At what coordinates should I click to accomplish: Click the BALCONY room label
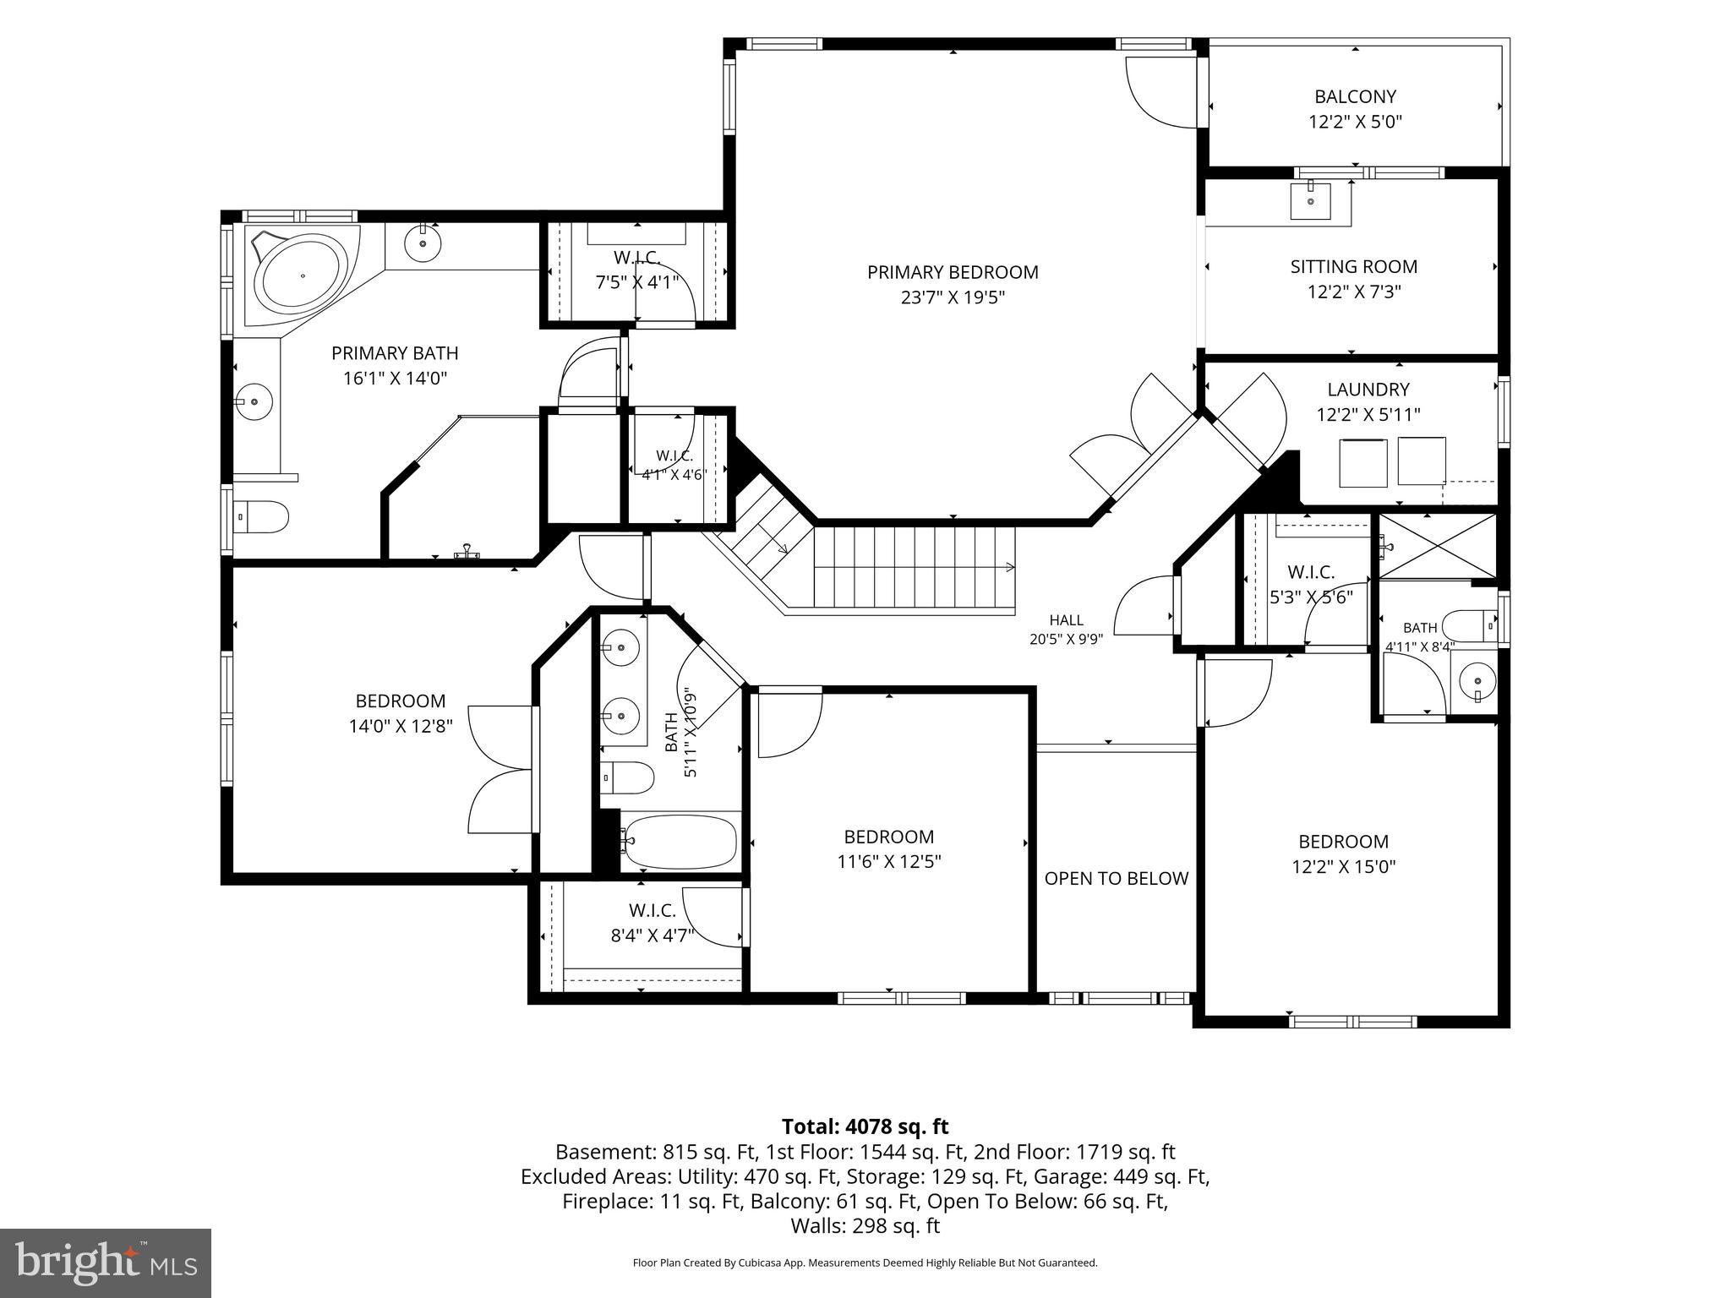[1355, 96]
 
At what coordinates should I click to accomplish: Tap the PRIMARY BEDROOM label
[953, 272]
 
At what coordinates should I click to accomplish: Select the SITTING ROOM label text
[1353, 266]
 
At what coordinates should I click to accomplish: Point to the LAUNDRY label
[1368, 390]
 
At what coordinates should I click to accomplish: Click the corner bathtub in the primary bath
[302, 275]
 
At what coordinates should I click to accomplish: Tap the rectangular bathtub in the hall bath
[680, 842]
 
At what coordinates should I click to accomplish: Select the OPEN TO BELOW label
[1117, 878]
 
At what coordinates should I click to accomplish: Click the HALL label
[1066, 620]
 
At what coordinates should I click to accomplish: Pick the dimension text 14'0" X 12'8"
[401, 726]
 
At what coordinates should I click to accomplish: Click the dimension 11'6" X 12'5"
[889, 862]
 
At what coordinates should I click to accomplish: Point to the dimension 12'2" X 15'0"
[1343, 866]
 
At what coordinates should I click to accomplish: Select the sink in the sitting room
[1310, 201]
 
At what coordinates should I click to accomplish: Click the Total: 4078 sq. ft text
[865, 1126]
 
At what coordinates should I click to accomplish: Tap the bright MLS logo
[106, 1263]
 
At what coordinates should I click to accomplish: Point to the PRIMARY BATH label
[395, 353]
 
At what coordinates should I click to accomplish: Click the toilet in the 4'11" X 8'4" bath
[1470, 626]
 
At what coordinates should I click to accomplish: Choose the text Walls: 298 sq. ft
[865, 1225]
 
